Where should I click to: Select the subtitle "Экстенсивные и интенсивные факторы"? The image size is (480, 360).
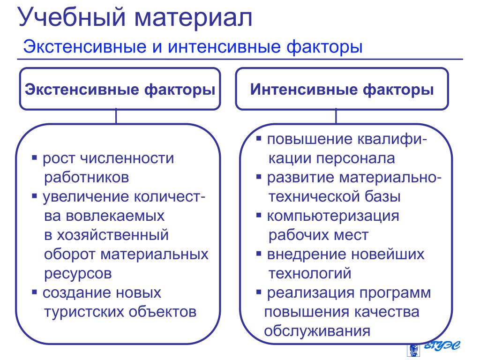[193, 47]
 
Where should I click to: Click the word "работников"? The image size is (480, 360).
[86, 178]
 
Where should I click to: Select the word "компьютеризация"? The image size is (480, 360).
[333, 216]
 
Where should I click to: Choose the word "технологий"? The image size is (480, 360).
[310, 273]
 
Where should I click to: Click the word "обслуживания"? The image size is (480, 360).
[317, 331]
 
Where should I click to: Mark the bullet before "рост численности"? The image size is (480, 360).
[35, 157]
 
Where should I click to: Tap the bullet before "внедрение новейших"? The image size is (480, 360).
[259, 254]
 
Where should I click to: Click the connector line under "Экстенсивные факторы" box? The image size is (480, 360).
[116, 116]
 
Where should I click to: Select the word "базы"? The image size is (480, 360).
[383, 197]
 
